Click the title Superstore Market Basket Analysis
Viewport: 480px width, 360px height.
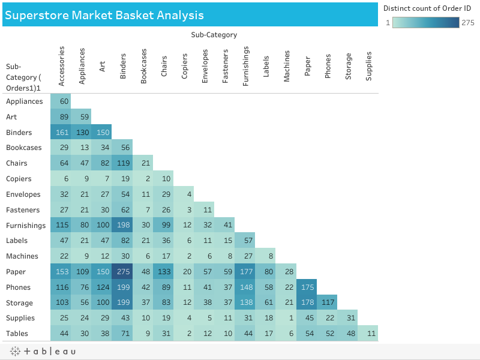tap(104, 15)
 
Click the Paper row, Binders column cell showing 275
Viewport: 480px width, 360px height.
tap(122, 272)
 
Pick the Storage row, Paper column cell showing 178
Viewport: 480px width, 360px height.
tap(307, 303)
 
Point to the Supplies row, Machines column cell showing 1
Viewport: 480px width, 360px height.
tap(286, 318)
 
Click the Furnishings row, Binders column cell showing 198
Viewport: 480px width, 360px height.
tap(122, 226)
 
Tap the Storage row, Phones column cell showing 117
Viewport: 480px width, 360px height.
tap(327, 303)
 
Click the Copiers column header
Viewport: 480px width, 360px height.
tap(184, 67)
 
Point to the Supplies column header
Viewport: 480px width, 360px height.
tap(368, 65)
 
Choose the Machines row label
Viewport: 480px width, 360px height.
tap(22, 256)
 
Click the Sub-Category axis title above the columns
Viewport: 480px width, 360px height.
tap(214, 35)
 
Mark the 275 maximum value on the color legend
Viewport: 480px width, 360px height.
tap(468, 22)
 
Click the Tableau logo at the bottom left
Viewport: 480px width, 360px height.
tap(42, 351)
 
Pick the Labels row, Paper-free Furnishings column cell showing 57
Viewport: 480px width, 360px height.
tap(245, 241)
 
